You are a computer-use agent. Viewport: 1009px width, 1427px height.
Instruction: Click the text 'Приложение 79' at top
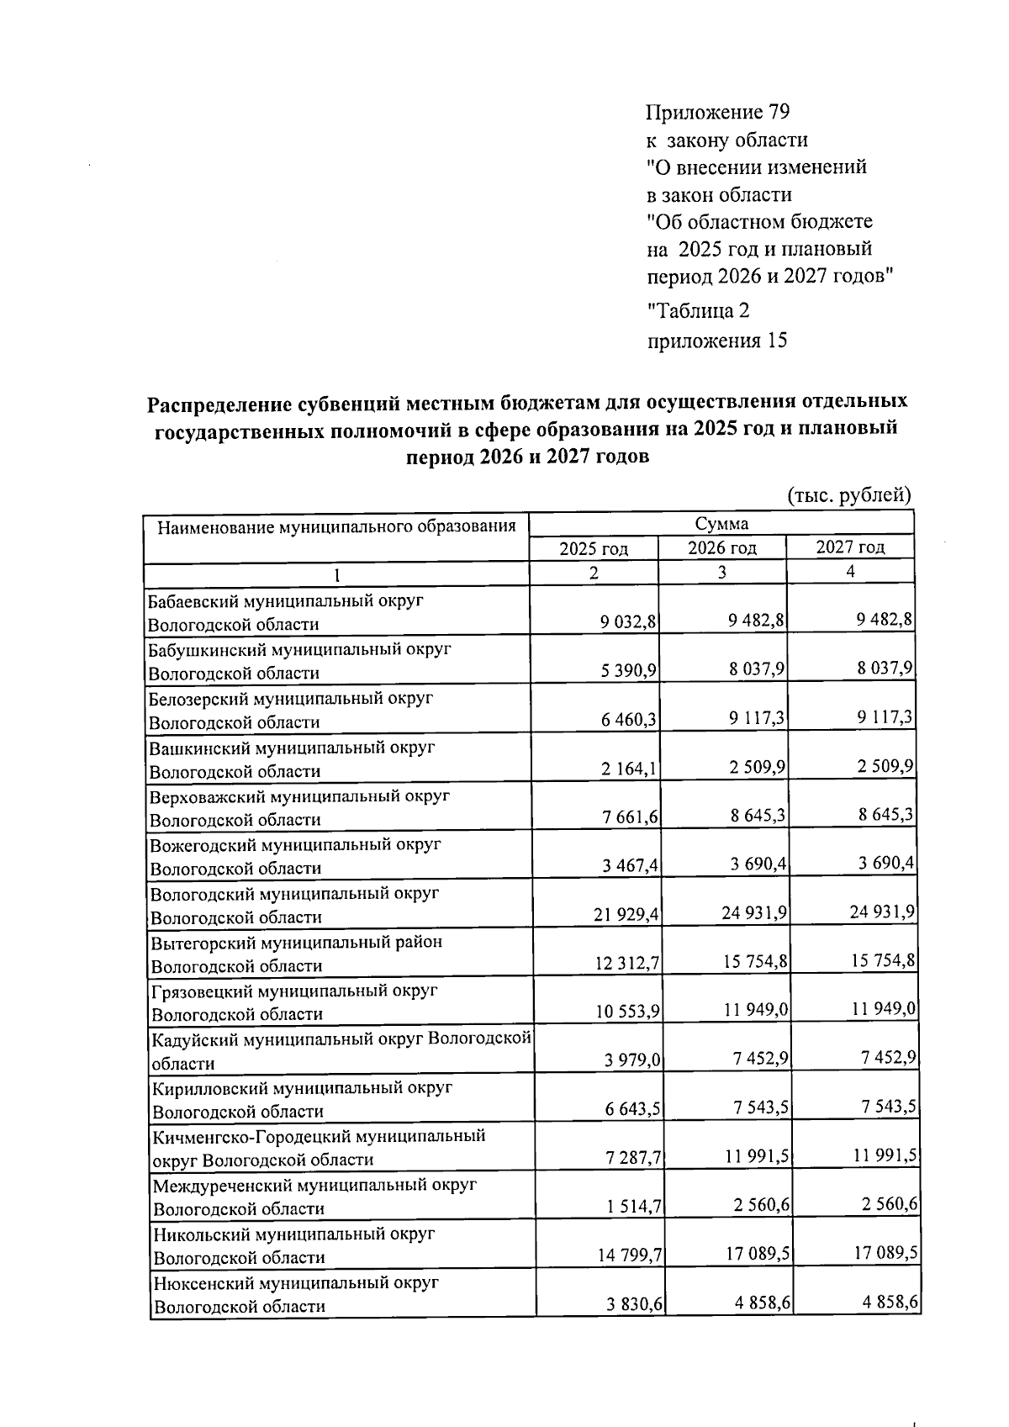click(x=718, y=113)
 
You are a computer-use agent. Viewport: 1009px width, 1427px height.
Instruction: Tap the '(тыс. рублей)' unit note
click(x=849, y=495)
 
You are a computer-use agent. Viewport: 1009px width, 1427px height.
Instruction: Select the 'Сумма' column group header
click(x=721, y=524)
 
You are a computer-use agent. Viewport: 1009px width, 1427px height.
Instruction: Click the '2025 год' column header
click(x=594, y=549)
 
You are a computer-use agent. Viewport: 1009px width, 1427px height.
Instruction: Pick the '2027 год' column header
click(x=850, y=547)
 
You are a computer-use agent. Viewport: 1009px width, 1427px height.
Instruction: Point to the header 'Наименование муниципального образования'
click(x=336, y=527)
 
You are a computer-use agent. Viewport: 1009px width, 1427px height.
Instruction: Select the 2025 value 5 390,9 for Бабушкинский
click(x=628, y=671)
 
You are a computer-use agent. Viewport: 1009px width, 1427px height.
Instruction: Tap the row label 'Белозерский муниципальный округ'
click(x=291, y=699)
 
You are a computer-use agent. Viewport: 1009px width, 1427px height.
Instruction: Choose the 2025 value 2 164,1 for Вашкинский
click(x=628, y=769)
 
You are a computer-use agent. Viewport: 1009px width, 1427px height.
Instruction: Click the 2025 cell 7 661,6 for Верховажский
click(x=628, y=817)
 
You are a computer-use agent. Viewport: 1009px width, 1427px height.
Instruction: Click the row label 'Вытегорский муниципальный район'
click(x=295, y=942)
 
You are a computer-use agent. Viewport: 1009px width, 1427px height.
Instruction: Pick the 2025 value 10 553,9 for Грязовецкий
click(x=626, y=1012)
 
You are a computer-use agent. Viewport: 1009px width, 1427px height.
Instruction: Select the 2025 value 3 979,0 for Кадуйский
click(x=631, y=1061)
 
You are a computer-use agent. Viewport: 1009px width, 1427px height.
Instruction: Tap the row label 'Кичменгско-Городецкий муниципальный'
click(x=319, y=1137)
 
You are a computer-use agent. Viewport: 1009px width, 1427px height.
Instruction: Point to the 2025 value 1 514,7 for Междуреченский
click(x=633, y=1208)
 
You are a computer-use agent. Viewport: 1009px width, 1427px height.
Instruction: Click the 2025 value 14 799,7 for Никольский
click(x=630, y=1256)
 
